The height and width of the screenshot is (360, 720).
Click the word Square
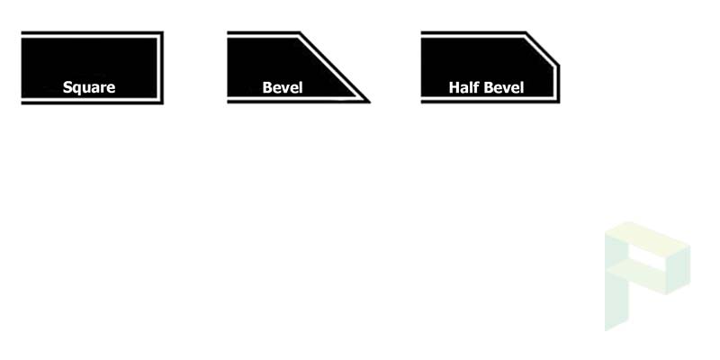point(89,87)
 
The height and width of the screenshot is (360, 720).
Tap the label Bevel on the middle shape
point(283,87)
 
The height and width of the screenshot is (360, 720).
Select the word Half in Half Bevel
point(463,87)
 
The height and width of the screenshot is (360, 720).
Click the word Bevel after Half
point(504,87)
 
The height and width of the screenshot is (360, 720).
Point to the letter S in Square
point(67,87)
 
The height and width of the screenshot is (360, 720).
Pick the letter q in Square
point(76,89)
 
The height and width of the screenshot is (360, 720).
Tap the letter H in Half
point(454,87)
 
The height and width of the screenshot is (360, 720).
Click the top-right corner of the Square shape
point(163,31)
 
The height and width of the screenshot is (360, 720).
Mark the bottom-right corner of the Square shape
point(163,103)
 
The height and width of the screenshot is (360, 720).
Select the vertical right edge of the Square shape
point(162,68)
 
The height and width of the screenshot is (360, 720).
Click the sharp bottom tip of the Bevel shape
point(370,103)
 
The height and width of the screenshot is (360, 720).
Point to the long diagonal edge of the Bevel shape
point(335,67)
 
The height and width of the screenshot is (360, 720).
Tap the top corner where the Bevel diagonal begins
point(300,32)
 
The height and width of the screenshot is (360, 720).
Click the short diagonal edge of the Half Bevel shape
point(543,49)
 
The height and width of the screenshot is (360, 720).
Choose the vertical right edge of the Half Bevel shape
point(558,84)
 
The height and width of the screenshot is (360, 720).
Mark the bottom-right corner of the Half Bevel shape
point(559,103)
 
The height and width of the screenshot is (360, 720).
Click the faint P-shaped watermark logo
point(647,276)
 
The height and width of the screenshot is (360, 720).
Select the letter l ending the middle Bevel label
point(301,87)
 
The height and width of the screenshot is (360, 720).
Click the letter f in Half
point(472,87)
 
